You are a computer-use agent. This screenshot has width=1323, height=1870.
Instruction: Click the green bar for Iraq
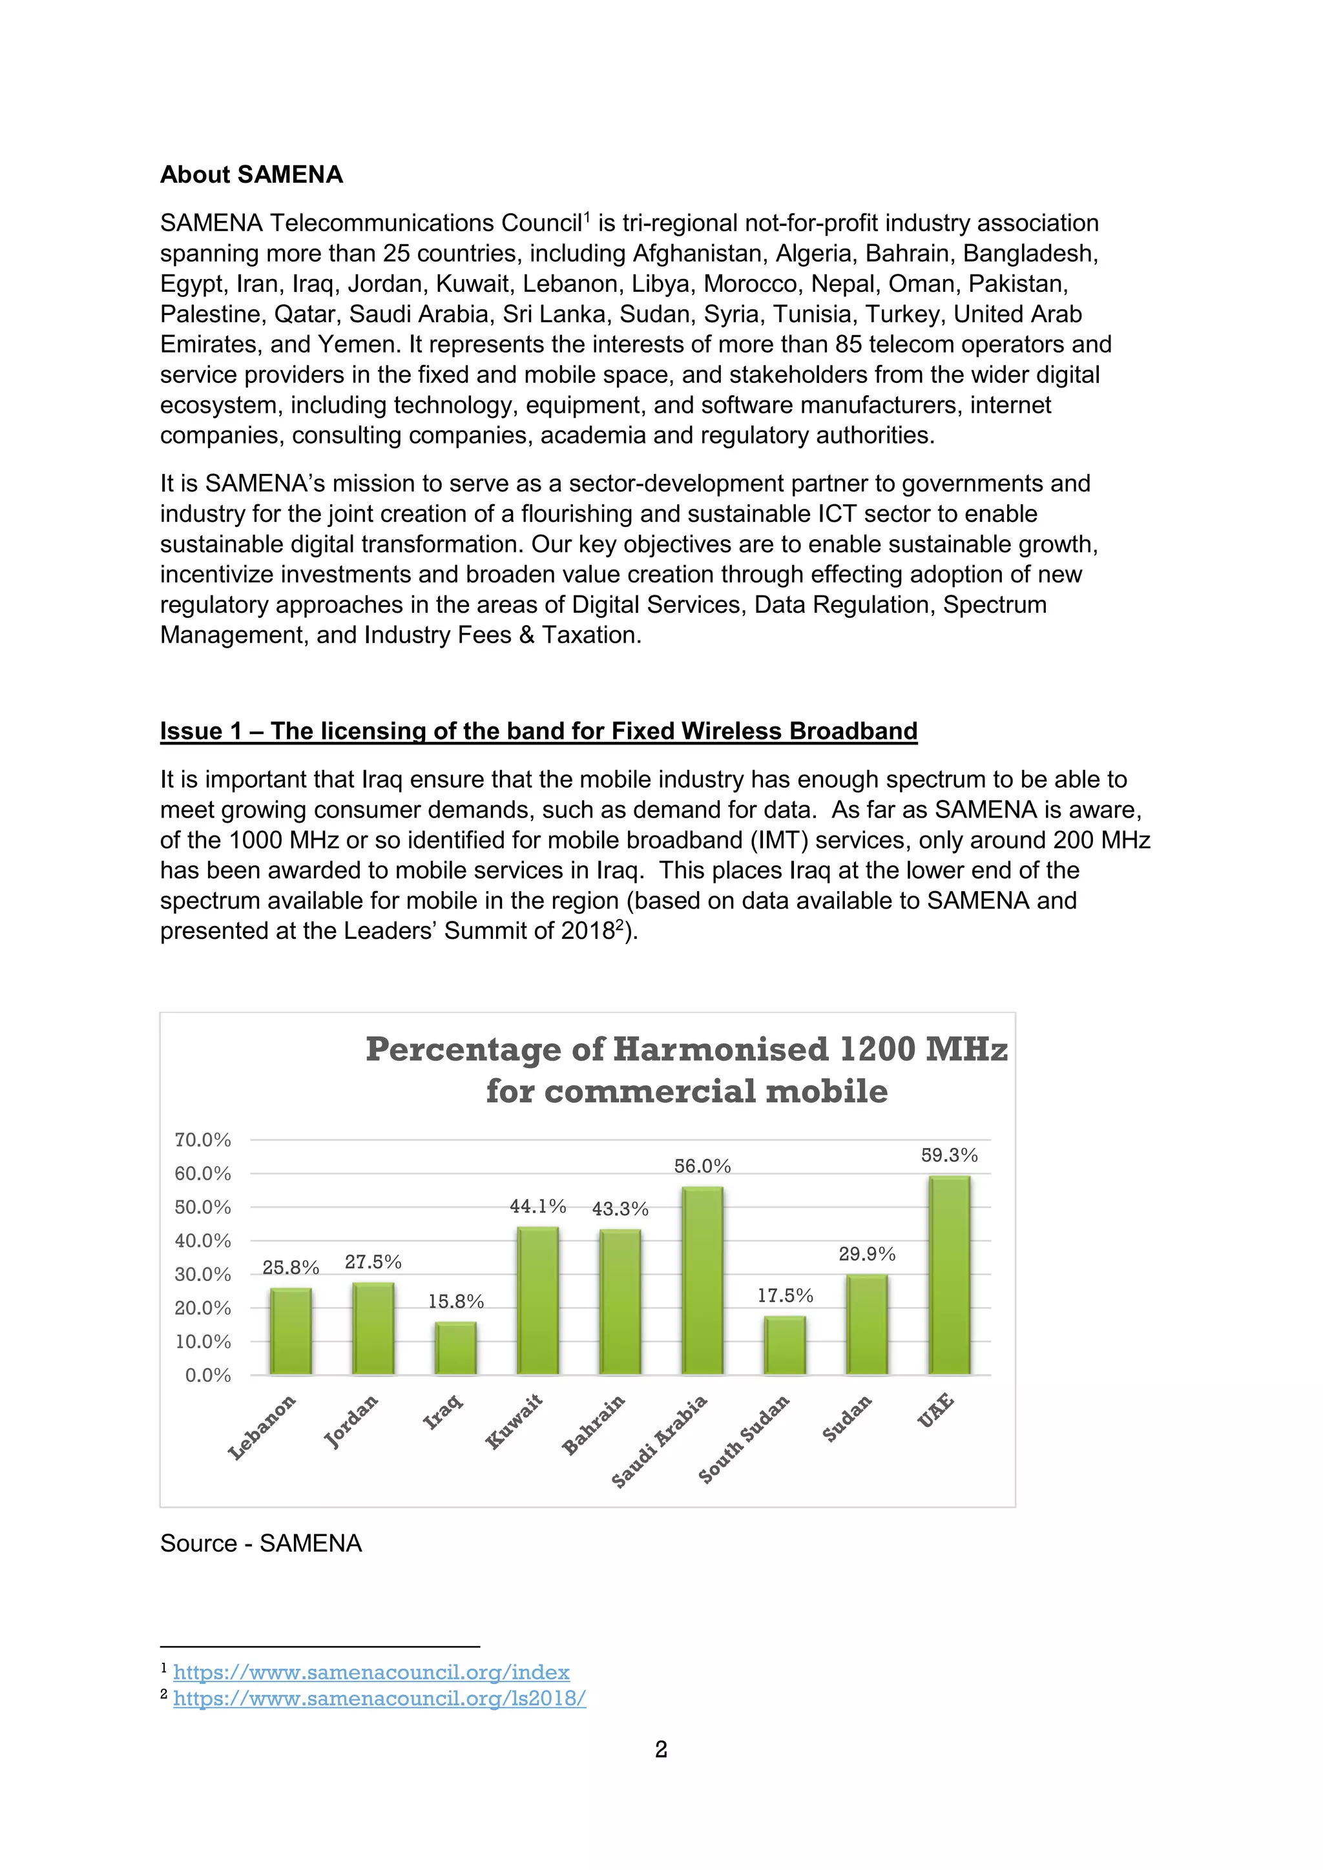coord(455,1349)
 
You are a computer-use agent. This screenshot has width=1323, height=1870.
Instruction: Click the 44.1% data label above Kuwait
coord(537,1206)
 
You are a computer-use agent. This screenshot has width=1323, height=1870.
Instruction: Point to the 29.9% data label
coord(867,1254)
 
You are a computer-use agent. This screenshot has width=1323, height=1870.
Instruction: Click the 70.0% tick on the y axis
coord(203,1140)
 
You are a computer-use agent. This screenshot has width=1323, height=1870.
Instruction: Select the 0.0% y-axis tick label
coord(208,1375)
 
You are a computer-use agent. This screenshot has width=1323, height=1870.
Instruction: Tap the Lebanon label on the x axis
coord(262,1428)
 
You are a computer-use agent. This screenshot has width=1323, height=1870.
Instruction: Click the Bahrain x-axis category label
coord(594,1424)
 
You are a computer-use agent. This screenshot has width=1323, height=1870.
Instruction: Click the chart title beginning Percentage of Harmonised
coord(687,1070)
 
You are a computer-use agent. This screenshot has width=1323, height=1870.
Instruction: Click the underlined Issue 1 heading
coord(539,730)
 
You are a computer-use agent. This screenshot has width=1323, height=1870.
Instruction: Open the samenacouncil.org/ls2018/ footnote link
coord(380,1699)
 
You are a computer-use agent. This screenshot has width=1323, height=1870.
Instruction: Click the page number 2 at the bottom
coord(661,1749)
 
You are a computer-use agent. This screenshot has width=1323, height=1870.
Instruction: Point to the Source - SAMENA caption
coord(261,1543)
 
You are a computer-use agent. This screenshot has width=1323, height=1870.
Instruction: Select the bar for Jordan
coord(373,1329)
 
